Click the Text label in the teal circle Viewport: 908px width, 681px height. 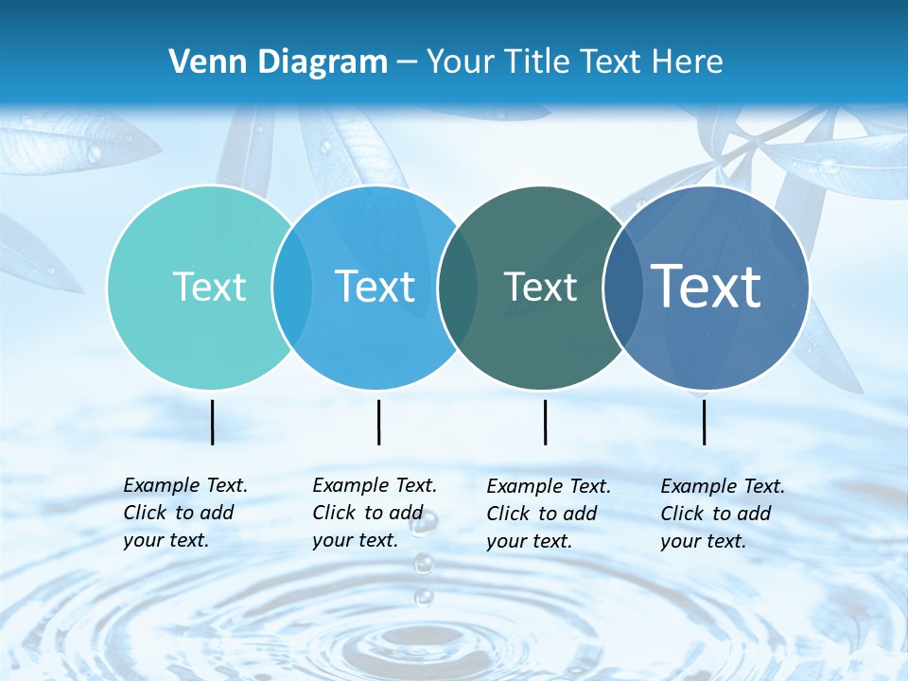coord(209,287)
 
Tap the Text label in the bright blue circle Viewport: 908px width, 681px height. coord(375,287)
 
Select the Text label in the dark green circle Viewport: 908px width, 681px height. coord(540,287)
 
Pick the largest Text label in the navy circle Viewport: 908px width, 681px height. coord(707,287)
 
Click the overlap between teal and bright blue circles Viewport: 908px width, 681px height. coord(292,287)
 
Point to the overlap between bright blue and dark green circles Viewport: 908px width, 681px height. coord(458,287)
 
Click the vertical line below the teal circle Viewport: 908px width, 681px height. coord(212,422)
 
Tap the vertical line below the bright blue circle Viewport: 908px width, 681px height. coord(378,422)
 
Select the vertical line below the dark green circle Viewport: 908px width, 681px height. coord(545,422)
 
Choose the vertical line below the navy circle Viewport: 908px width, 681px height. coord(705,422)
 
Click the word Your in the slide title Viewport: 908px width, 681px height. coord(461,61)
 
